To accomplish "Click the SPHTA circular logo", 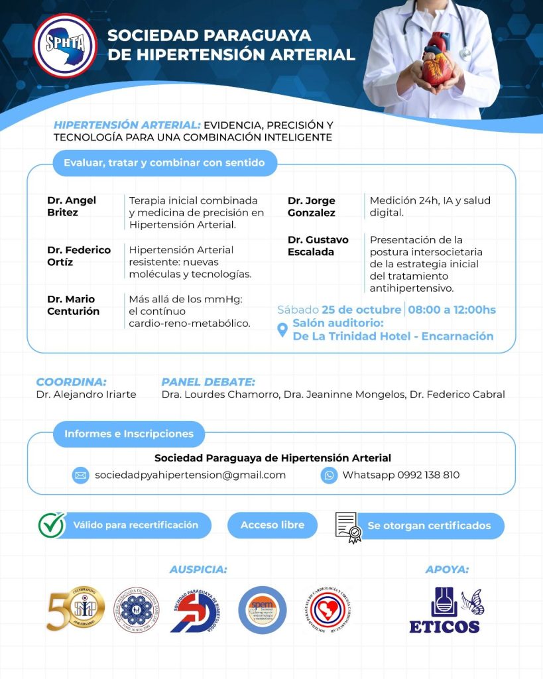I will (x=65, y=46).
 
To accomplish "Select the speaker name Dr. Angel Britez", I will (x=72, y=206).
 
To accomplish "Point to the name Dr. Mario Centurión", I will (x=74, y=305).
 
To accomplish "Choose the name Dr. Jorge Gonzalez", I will (x=312, y=206).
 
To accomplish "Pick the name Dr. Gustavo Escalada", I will (x=318, y=245).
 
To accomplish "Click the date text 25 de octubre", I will (x=361, y=310).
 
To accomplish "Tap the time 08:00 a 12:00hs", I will (x=452, y=310).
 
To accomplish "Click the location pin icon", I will (x=282, y=330).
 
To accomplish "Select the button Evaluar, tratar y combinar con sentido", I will (x=164, y=162).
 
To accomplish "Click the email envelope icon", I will (x=81, y=475).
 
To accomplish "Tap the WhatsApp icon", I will (x=329, y=475).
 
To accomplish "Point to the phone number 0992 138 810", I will (x=428, y=475).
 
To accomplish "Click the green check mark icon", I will (x=51, y=525).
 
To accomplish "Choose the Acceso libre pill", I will (x=272, y=525).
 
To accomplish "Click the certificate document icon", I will (x=348, y=526).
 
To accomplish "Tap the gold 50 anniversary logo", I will (x=74, y=609).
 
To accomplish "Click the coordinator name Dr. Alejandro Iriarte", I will (x=86, y=395).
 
